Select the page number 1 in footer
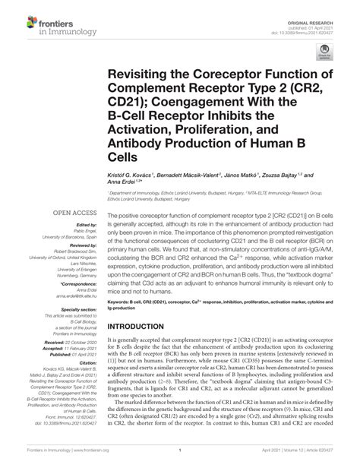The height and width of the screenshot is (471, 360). [x=179, y=460]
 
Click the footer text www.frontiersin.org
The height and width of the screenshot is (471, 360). [x=92, y=460]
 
